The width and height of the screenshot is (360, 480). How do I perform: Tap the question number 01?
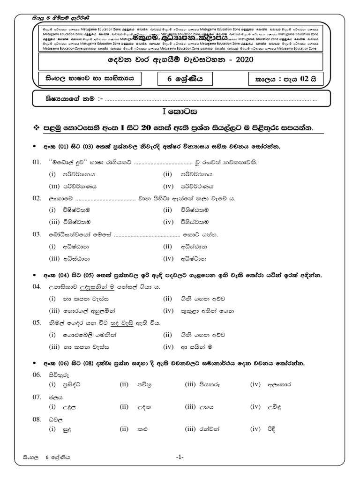pos(37,162)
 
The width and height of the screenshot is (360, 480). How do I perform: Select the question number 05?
pos(37,323)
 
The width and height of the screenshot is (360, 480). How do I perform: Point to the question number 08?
pos(37,420)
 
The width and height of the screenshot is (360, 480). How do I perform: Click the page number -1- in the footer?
pos(180,457)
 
